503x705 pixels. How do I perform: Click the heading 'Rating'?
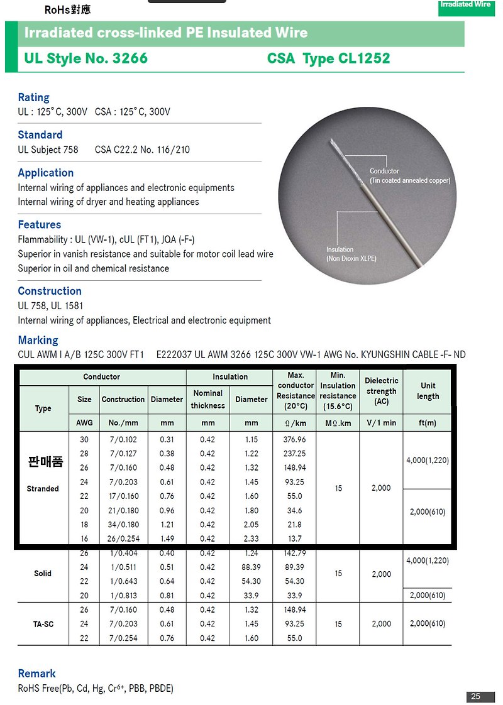click(33, 97)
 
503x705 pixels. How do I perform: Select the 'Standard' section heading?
click(40, 135)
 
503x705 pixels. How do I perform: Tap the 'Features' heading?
click(40, 225)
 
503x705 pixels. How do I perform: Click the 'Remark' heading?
click(36, 674)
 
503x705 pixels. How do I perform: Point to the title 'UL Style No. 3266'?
click(86, 59)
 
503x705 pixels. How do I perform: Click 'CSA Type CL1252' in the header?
click(328, 59)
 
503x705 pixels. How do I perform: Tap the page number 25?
click(475, 696)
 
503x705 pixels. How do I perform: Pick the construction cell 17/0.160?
click(123, 496)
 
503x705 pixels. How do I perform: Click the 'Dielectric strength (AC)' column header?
click(381, 391)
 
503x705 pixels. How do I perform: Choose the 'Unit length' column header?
click(428, 391)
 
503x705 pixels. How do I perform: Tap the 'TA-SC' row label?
click(43, 624)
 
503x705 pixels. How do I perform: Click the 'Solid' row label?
click(43, 574)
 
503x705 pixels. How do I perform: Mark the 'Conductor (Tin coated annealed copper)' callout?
click(410, 176)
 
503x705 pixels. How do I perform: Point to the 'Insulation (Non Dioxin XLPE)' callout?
click(351, 254)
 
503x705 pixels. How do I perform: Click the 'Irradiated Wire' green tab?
click(465, 5)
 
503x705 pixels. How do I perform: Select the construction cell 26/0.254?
click(123, 538)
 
